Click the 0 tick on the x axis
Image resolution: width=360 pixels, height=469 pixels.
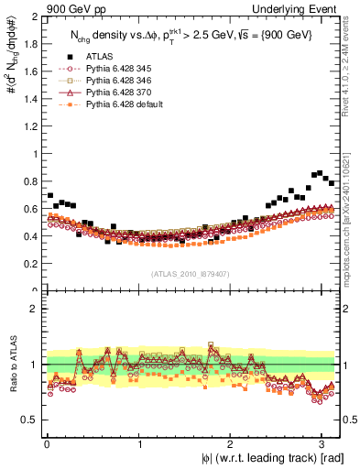[46, 443]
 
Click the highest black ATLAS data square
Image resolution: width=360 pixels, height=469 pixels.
[319, 172]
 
